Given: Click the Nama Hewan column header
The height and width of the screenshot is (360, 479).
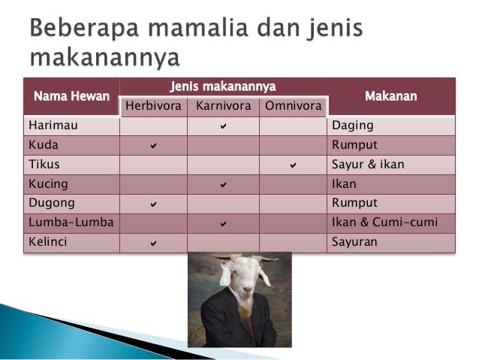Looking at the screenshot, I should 71,97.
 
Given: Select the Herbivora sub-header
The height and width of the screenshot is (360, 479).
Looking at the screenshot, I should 152,107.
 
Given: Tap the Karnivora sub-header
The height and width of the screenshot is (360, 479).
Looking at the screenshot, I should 223,107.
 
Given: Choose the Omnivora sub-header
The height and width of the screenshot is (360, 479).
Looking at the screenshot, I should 293,107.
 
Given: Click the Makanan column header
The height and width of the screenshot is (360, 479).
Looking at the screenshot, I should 390,97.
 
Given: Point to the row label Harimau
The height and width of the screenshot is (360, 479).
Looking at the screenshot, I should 47,126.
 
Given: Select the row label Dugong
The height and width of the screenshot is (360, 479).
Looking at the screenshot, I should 47,203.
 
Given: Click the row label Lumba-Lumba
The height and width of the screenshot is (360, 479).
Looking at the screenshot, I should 59,222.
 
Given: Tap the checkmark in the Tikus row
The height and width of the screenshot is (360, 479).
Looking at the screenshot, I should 293,165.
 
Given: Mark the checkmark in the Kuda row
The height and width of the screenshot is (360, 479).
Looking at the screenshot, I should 153,145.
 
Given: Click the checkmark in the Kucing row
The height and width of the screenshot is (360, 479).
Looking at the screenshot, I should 223,184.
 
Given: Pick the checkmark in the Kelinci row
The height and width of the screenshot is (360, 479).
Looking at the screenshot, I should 153,243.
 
